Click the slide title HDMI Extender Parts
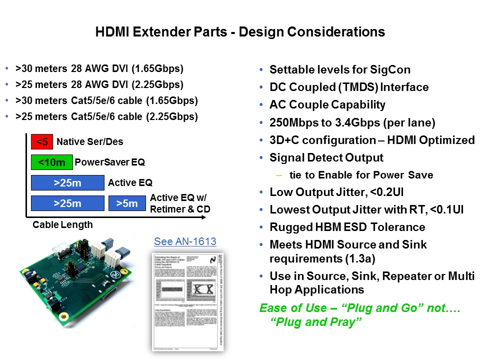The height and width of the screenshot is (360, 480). (x=240, y=32)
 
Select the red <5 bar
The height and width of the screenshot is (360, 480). (x=41, y=142)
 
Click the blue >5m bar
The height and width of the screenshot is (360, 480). (x=127, y=203)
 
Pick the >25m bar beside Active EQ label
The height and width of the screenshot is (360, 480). (x=67, y=183)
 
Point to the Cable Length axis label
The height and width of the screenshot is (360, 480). (x=62, y=225)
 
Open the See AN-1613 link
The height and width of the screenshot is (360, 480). (x=185, y=242)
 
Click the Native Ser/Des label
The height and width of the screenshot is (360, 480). (x=89, y=142)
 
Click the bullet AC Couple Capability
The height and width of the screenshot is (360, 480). (x=327, y=105)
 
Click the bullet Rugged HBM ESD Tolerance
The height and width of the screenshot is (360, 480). (x=347, y=227)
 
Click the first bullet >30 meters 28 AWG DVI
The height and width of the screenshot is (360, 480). (x=99, y=69)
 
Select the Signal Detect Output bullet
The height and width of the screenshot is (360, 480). (x=326, y=157)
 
